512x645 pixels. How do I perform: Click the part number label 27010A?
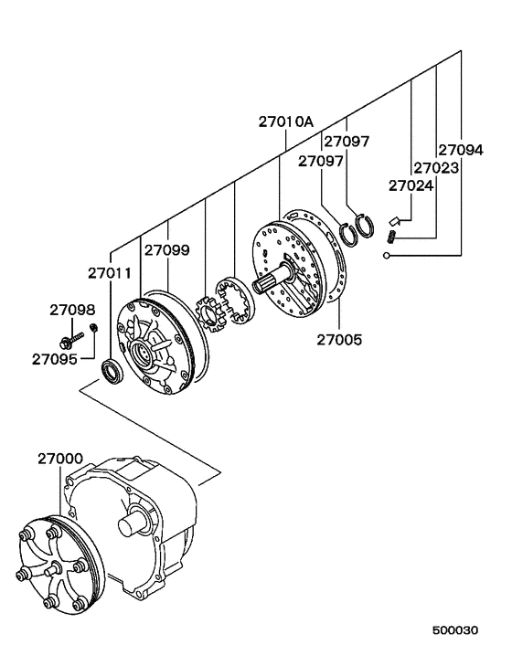[x=284, y=122]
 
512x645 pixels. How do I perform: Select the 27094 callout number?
[x=460, y=151]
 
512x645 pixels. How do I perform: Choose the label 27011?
[x=110, y=273]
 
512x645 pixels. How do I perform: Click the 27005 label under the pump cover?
[x=339, y=340]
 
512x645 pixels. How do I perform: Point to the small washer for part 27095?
[x=92, y=329]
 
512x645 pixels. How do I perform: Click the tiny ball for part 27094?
[x=388, y=256]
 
